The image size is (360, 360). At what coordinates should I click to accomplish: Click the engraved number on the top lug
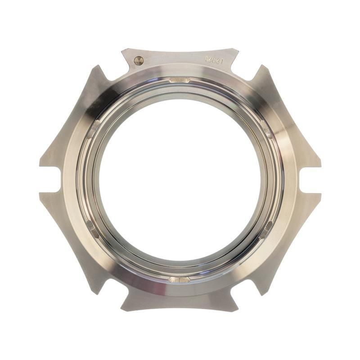(x=214, y=60)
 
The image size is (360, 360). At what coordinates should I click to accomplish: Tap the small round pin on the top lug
(x=138, y=60)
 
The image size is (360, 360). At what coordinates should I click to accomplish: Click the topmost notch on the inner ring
(x=180, y=80)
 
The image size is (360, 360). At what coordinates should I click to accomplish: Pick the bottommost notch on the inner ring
(x=179, y=279)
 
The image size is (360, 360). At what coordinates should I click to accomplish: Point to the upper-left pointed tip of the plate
(x=96, y=67)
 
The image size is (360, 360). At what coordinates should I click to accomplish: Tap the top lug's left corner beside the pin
(x=122, y=49)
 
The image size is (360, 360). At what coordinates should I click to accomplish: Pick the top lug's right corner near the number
(x=238, y=49)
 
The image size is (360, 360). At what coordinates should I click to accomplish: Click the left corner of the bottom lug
(x=122, y=310)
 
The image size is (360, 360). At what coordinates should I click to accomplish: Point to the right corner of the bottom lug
(x=237, y=310)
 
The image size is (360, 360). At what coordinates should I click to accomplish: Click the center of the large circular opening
(x=180, y=180)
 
